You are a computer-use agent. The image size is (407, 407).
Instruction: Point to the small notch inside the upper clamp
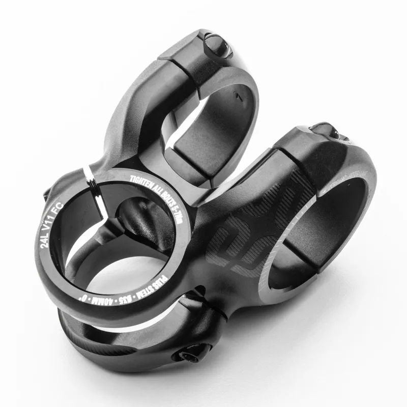click(x=236, y=95)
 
